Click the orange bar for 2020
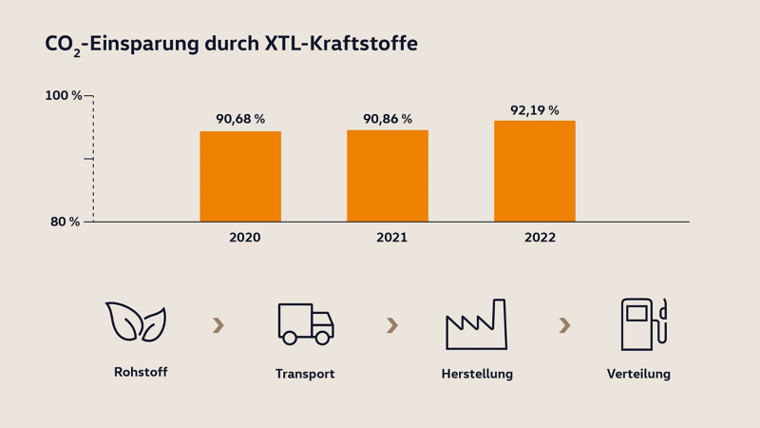(x=240, y=176)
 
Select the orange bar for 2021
(x=388, y=176)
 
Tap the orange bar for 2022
(x=535, y=171)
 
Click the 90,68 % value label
(x=240, y=119)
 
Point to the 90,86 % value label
(x=388, y=119)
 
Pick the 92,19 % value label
(x=535, y=110)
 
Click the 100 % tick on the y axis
(x=64, y=95)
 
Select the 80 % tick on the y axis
(x=66, y=222)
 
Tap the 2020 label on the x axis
(x=244, y=238)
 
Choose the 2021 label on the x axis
(x=391, y=238)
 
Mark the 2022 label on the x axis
(x=540, y=238)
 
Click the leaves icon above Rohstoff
(x=136, y=322)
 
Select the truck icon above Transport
(x=305, y=323)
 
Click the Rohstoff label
(x=141, y=372)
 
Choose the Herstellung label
(x=477, y=374)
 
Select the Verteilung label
(x=638, y=374)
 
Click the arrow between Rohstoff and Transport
(x=218, y=326)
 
